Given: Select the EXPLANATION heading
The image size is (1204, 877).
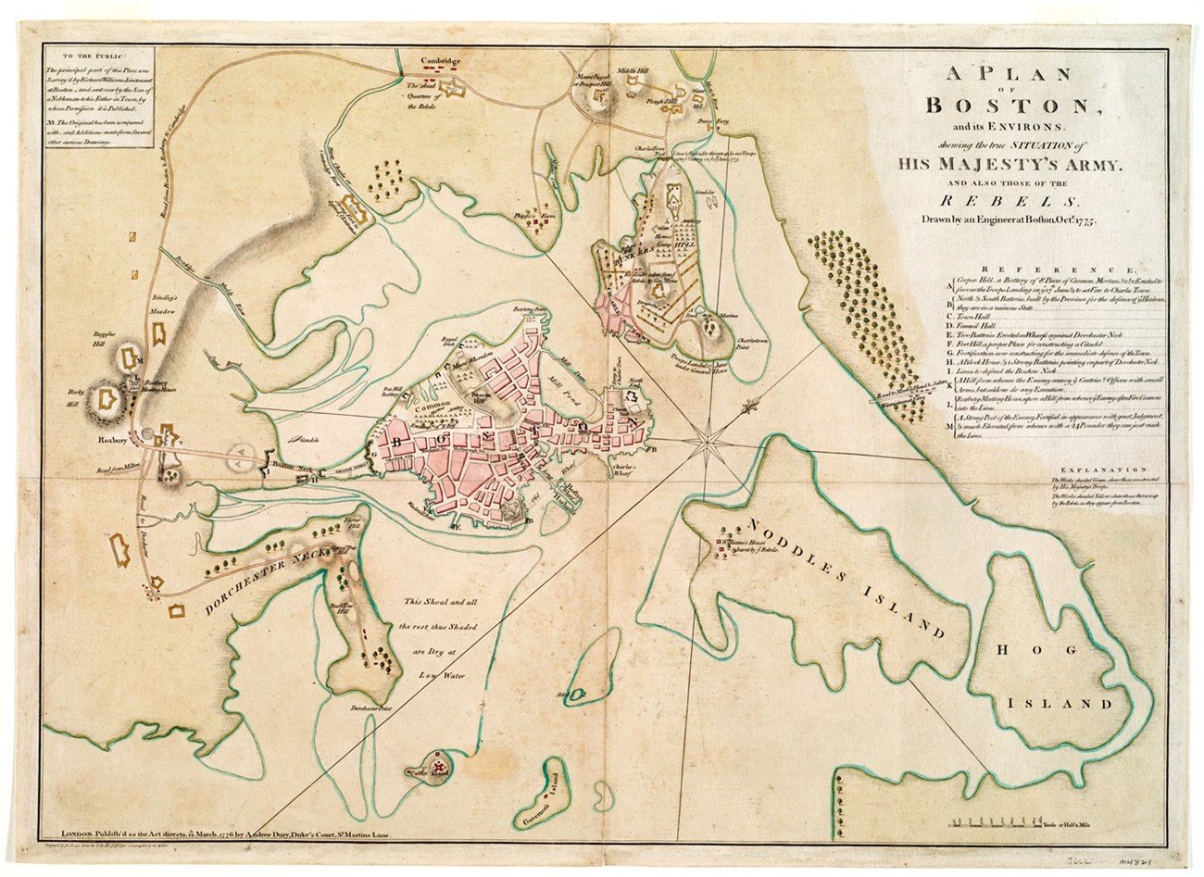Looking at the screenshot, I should tap(1102, 470).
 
